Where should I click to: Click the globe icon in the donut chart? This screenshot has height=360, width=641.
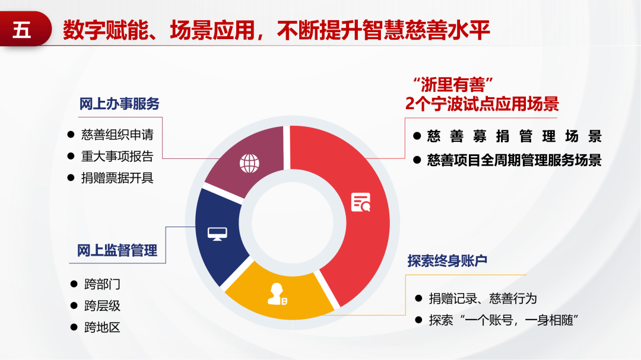click(249, 164)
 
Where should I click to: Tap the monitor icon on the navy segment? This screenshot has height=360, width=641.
click(217, 234)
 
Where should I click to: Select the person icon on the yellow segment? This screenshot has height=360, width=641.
click(277, 294)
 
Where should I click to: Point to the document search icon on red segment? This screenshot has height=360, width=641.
click(361, 202)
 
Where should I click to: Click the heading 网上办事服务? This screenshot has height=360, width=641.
click(119, 104)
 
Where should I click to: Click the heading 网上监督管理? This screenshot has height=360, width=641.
click(118, 250)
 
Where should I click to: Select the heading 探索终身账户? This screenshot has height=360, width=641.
click(448, 261)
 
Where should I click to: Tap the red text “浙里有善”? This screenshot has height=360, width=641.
click(452, 85)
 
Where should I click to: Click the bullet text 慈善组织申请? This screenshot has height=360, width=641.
click(118, 135)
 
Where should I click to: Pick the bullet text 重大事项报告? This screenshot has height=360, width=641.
click(118, 156)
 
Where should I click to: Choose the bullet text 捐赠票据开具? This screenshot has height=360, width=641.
click(118, 178)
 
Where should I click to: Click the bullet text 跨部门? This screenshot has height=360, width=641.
click(102, 284)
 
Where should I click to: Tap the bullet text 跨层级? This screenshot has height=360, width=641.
click(102, 305)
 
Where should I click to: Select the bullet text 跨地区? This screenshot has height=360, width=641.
click(102, 327)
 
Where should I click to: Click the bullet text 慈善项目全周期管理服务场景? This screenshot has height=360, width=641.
click(514, 160)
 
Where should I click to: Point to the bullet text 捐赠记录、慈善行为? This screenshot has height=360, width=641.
click(483, 299)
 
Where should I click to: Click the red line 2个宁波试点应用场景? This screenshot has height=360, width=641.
click(482, 104)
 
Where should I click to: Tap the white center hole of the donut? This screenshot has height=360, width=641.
click(293, 222)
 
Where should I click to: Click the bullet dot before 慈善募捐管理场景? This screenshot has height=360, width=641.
click(417, 136)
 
